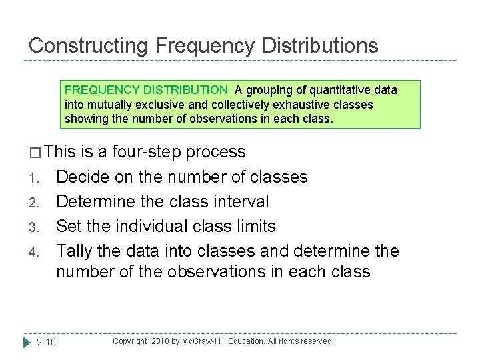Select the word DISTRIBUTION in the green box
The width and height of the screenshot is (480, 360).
coord(186,89)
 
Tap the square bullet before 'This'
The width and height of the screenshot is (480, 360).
coord(35,153)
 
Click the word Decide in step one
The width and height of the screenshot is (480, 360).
coord(79,177)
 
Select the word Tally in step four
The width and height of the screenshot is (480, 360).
coord(76,251)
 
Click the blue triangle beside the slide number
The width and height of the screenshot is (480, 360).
coord(27,342)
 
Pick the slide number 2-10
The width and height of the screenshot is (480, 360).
coord(46,342)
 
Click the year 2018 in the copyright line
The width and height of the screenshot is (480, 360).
coord(162,341)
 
